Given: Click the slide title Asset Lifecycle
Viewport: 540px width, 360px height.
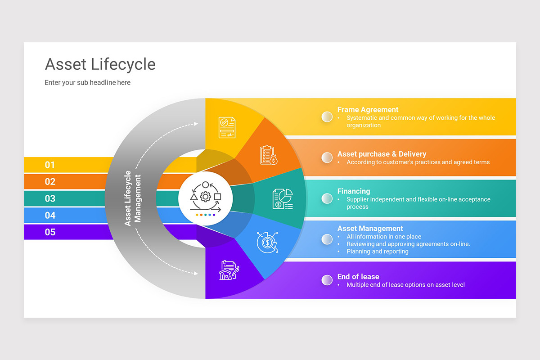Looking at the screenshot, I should pos(100,64).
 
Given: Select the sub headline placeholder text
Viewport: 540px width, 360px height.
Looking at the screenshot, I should pos(87,83).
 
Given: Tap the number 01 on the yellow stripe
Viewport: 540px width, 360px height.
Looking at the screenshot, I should pos(50,165).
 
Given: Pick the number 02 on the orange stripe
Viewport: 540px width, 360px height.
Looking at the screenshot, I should pos(50,182).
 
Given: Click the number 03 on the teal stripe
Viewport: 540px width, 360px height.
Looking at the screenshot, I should pos(50,198).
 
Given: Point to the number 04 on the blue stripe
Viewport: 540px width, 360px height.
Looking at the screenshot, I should pos(50,215).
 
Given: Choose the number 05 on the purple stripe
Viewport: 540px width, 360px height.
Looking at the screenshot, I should pos(50,232).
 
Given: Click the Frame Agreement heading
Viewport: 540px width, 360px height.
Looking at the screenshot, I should pos(368,109).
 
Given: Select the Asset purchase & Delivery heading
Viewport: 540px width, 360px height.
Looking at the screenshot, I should pos(382,154).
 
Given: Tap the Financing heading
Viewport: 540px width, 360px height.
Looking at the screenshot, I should pos(354,191).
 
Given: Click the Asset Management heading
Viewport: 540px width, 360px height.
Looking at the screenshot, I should pos(370,229).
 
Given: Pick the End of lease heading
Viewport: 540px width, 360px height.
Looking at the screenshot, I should pos(358,277).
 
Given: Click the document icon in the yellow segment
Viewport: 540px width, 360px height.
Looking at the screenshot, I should pos(227,128).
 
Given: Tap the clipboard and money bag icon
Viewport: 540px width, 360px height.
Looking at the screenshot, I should pos(269,155).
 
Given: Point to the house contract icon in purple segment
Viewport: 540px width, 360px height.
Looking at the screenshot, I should pos(229,270).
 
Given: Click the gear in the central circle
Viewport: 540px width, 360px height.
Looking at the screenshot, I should pos(205,197).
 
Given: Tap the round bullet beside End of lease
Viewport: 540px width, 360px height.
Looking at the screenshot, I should pos(327,280).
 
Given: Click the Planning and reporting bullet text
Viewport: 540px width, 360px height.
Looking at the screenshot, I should pos(377,252).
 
